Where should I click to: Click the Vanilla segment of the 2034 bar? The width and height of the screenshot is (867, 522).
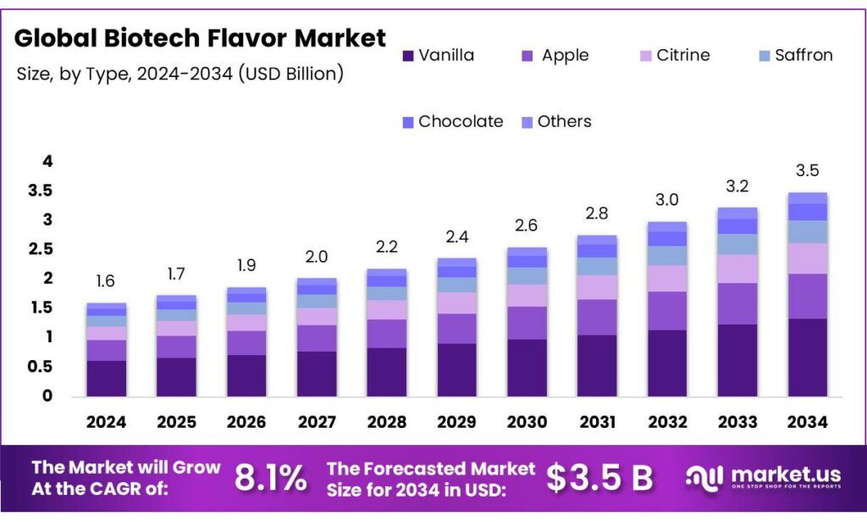[807, 357]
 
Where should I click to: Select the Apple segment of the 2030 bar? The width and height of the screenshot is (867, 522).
[527, 323]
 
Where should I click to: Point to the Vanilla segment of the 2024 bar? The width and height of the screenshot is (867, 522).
[106, 378]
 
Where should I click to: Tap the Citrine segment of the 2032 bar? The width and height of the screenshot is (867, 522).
[666, 278]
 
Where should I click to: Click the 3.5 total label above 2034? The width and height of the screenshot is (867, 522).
[807, 171]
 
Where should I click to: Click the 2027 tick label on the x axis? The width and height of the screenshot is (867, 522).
[317, 421]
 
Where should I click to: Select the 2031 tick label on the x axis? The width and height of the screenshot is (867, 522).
[596, 421]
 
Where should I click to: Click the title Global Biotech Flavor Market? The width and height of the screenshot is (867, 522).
[201, 37]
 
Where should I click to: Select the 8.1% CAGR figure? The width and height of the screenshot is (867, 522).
[270, 479]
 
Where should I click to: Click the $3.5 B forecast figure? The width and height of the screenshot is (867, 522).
[599, 479]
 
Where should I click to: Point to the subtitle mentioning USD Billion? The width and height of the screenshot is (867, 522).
[180, 74]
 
